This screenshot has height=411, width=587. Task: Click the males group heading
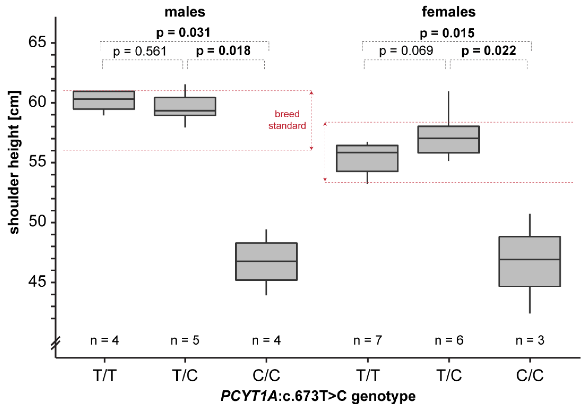click(x=185, y=12)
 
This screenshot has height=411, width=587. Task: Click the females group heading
click(x=448, y=12)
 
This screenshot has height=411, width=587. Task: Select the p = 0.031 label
click(x=183, y=33)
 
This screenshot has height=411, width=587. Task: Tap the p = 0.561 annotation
click(x=140, y=51)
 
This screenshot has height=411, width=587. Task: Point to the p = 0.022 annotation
click(x=488, y=51)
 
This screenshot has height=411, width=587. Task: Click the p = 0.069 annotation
click(x=406, y=51)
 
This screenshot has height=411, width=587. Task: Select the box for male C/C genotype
click(x=266, y=261)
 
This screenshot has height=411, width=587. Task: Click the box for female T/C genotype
click(x=448, y=140)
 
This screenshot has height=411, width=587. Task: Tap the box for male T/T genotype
click(x=104, y=100)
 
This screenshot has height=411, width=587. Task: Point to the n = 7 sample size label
click(x=367, y=340)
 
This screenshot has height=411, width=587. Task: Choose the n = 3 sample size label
click(x=530, y=340)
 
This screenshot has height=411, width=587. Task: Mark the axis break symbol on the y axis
click(x=56, y=343)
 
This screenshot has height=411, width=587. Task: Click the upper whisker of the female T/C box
click(x=448, y=109)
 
